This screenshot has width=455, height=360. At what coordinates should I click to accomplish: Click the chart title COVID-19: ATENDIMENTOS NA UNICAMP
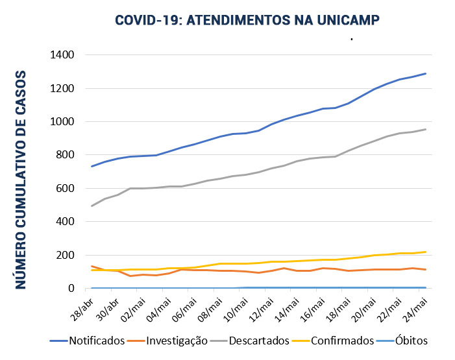[x=247, y=20]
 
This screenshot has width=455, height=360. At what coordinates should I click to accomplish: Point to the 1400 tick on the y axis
[x=62, y=55]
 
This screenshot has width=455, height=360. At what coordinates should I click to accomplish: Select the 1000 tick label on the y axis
[x=62, y=122]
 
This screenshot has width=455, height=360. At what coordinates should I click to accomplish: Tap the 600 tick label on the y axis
[x=65, y=189]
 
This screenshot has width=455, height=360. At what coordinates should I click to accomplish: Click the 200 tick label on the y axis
[x=65, y=256]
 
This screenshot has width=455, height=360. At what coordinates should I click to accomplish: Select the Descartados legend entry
[x=258, y=341]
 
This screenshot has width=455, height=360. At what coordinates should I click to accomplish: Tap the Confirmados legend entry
[x=341, y=341]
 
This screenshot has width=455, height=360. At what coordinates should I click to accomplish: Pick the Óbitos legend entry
[x=409, y=341]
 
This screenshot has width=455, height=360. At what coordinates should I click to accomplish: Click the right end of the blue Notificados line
[x=426, y=73]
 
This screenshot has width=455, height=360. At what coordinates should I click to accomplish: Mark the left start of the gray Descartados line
[x=92, y=206]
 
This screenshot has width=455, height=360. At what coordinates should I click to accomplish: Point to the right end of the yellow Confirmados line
[x=426, y=252]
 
